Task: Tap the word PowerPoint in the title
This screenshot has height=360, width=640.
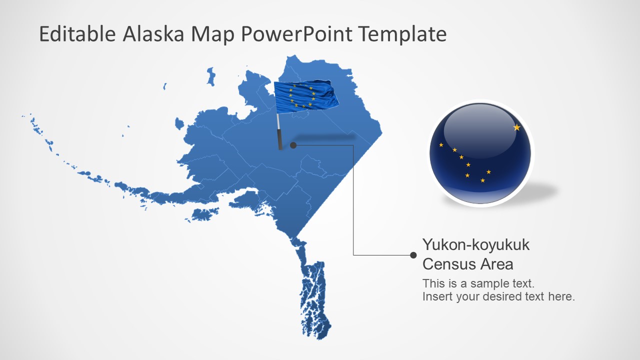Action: (x=297, y=34)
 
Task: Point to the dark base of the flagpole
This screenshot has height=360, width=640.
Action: (x=280, y=140)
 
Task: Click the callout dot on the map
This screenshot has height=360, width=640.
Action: (x=293, y=145)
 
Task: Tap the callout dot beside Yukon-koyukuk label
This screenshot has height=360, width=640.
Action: (x=413, y=255)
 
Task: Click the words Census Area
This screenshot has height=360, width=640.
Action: (x=467, y=263)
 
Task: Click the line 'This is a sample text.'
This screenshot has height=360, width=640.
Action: (x=478, y=283)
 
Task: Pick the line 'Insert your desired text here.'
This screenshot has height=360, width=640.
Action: (x=498, y=296)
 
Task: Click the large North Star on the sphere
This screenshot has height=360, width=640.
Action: (x=516, y=127)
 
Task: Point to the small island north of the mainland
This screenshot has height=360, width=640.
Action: (x=211, y=76)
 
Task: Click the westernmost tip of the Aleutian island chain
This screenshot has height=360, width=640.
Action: (x=23, y=116)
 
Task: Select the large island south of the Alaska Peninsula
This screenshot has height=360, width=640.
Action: (x=202, y=214)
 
